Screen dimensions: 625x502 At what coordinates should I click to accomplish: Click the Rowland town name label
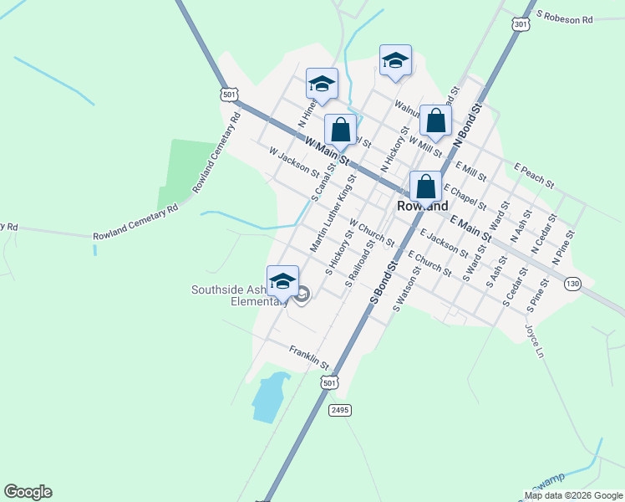coord(422,206)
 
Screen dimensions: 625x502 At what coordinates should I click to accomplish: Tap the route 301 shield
coord(521,25)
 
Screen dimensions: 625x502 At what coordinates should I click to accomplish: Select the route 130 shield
coord(572,284)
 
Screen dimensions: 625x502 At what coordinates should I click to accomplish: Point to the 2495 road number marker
coord(339,410)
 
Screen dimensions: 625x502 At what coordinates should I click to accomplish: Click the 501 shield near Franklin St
coord(330,382)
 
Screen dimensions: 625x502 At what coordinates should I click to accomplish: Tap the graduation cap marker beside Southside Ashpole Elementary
coord(282,281)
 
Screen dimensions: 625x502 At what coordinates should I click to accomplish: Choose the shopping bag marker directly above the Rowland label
coord(425,187)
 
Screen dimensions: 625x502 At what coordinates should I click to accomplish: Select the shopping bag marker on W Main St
coord(340,131)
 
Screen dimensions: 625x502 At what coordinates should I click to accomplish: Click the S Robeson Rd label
coord(565,18)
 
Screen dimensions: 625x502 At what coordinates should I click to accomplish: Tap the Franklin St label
coord(310,358)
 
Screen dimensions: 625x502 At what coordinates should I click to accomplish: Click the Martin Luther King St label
coord(333,214)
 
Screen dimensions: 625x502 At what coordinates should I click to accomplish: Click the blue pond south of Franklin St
coord(269,398)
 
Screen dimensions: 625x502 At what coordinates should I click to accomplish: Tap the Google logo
coord(28,492)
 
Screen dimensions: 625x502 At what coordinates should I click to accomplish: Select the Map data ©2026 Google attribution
coord(572,495)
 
